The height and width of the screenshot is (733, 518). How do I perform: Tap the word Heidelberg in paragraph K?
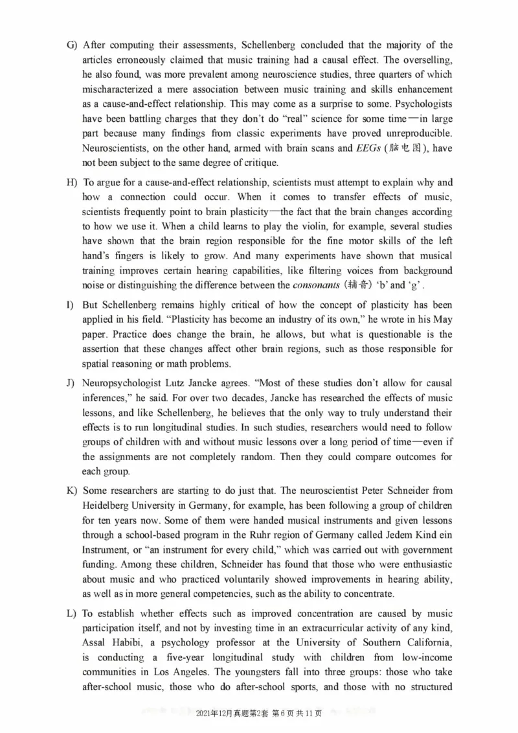(x=107, y=505)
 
